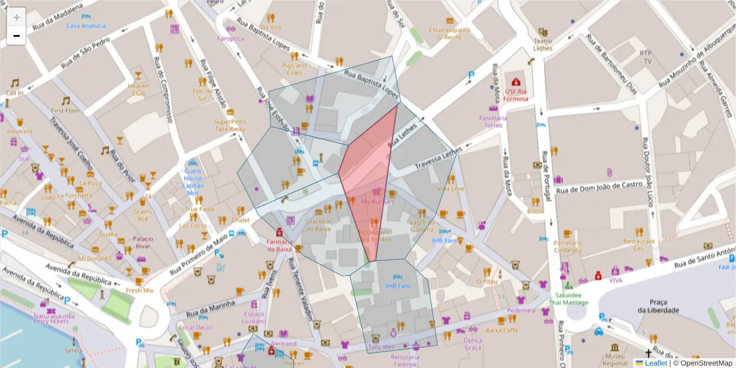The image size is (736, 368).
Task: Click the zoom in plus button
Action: click(x=17, y=17)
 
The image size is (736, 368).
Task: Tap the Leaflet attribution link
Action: click(x=656, y=363)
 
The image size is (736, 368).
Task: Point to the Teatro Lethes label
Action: click(x=543, y=44)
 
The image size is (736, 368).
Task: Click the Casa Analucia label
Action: click(x=85, y=26)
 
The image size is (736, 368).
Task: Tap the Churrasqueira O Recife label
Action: click(x=449, y=33)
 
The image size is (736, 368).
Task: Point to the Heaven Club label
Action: click(x=138, y=90)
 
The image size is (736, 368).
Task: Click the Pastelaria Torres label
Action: click(x=493, y=121)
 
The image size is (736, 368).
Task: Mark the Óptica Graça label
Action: click(x=473, y=344)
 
